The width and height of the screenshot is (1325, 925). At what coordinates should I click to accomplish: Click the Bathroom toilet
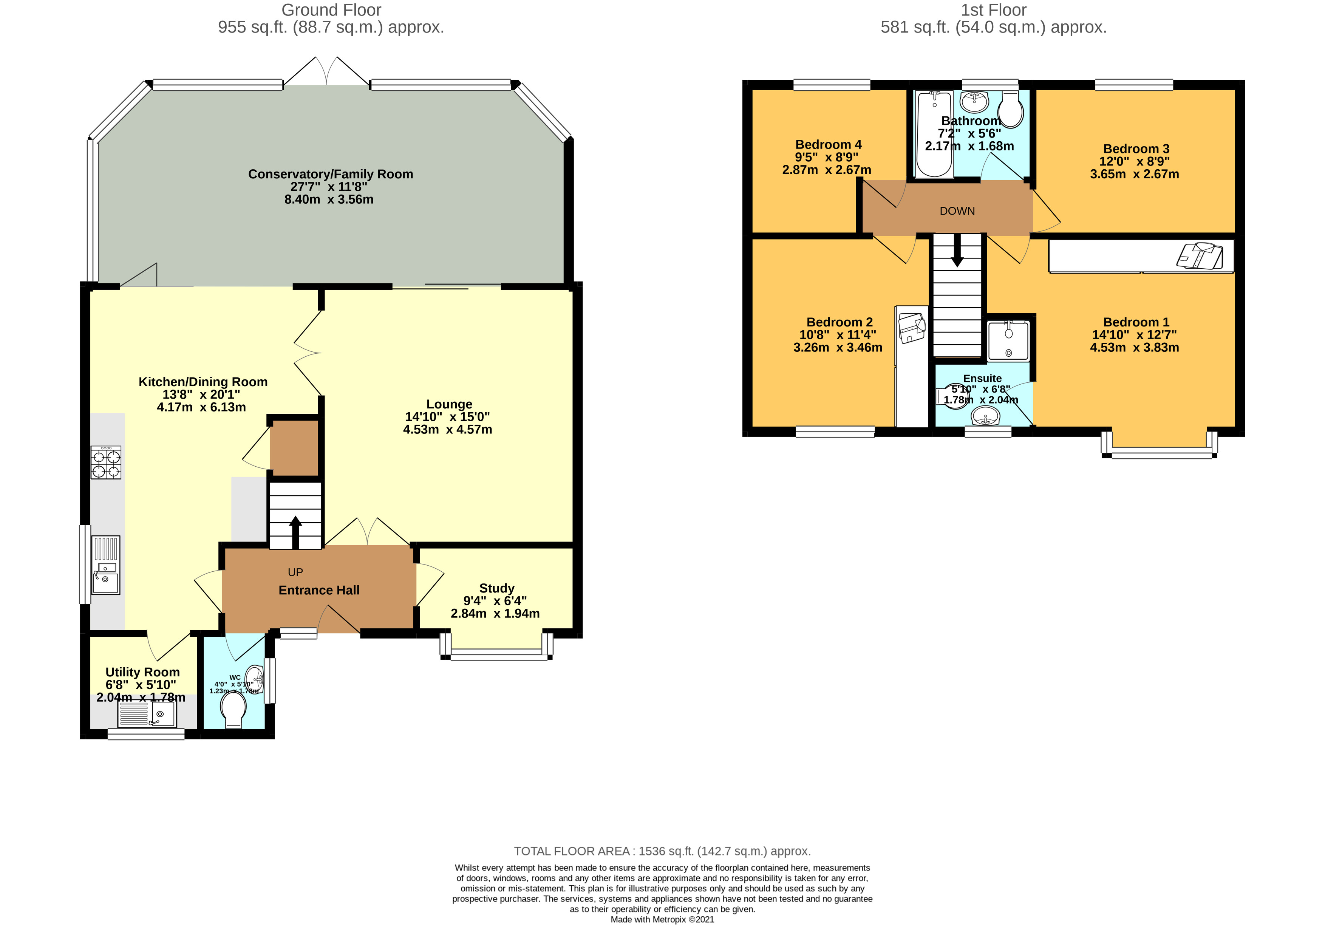click(1010, 108)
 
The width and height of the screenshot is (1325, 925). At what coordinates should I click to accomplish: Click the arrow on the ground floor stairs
click(295, 532)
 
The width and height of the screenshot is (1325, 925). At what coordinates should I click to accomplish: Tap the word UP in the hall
click(295, 572)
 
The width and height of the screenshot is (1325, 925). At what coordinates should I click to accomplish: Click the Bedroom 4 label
click(828, 145)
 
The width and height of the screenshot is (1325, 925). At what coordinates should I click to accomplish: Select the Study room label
click(497, 588)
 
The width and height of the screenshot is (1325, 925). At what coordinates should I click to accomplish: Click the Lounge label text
click(449, 404)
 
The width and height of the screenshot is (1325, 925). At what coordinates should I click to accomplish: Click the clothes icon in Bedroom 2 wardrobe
click(911, 328)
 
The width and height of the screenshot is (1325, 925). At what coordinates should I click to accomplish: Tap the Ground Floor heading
click(331, 10)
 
